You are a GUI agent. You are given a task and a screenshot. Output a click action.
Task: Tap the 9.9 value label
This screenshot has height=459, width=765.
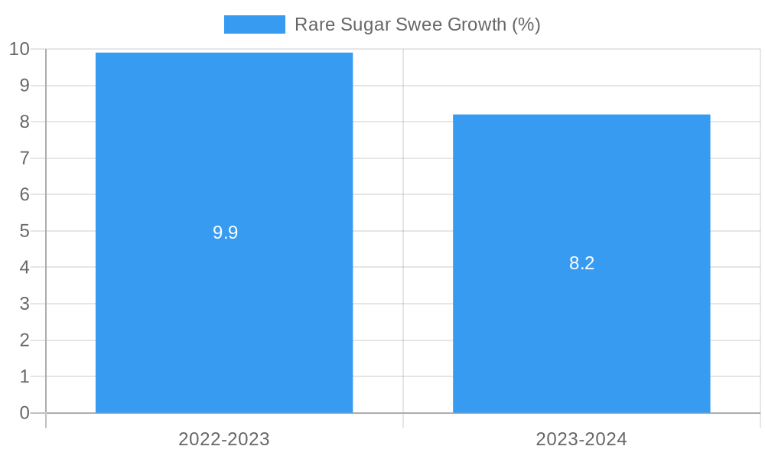pos(225,233)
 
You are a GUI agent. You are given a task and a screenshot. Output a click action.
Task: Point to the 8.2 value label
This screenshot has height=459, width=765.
pos(581,263)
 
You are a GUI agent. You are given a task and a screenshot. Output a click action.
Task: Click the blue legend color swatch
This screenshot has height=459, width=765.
pos(254,24)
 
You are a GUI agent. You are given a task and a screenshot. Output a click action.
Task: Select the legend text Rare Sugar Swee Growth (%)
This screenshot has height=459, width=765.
pos(417,24)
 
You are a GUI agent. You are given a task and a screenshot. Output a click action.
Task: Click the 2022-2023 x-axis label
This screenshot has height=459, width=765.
pos(224,439)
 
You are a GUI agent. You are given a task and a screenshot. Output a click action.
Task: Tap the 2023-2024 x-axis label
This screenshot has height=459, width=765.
pos(581,439)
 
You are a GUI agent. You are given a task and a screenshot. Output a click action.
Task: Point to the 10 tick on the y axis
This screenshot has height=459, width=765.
pos(19,49)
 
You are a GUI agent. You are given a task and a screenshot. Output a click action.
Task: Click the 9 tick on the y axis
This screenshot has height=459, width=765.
pos(24,86)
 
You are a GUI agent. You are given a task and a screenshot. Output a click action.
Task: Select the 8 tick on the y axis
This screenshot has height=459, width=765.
pos(24,122)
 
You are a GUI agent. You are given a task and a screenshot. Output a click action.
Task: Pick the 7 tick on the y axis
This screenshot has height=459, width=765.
pos(24,158)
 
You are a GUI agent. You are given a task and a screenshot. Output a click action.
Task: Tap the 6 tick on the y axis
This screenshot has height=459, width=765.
pos(24,194)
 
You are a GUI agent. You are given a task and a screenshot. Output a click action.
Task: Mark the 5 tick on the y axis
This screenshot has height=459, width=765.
pos(24,231)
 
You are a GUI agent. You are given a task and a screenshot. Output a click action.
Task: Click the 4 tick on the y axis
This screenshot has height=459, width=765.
pos(24,267)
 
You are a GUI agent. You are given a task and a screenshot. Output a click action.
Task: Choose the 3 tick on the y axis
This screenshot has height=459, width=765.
pos(24,304)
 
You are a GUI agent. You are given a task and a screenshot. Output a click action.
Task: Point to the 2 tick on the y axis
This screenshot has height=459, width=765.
pos(24,340)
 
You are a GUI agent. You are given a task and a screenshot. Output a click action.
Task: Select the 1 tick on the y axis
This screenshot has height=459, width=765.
pos(24,376)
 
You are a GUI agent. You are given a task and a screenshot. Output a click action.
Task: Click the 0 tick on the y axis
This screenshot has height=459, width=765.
pos(24,413)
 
